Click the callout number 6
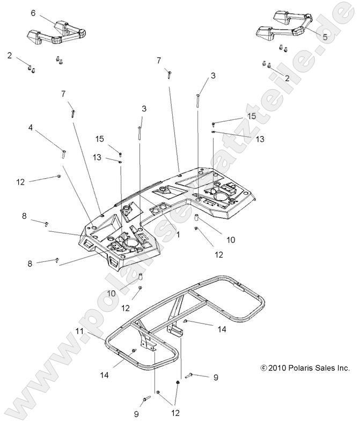pos(33,12)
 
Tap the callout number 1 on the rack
pos(178,235)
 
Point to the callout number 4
pos(31,128)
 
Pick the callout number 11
pos(79,332)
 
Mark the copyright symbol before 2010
pos(263,368)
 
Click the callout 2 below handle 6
pos(10,55)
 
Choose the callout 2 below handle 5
pos(287,78)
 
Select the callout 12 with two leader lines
pos(175,413)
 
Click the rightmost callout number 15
pos(252,116)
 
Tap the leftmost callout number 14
pos(104,375)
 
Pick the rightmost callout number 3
pos(213,76)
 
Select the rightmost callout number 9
pos(216,378)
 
